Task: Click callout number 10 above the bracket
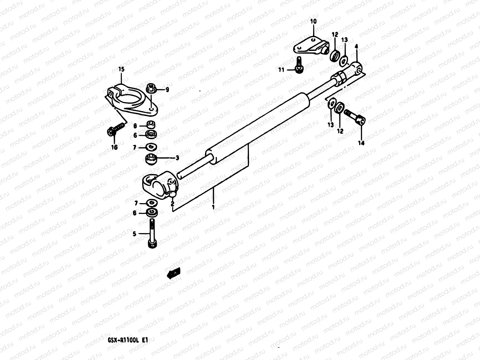[x=313, y=22]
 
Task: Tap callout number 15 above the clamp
[x=121, y=69]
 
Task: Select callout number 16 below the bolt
[x=114, y=147]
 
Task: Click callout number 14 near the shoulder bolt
[x=361, y=143]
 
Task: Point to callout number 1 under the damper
[x=213, y=207]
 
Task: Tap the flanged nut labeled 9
[x=151, y=88]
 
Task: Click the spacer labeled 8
[x=151, y=124]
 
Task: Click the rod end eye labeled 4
[x=357, y=68]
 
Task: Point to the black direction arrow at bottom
[x=174, y=273]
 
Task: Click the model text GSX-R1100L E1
[x=127, y=340]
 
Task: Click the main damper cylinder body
[x=258, y=129]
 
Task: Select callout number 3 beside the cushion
[x=177, y=158]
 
